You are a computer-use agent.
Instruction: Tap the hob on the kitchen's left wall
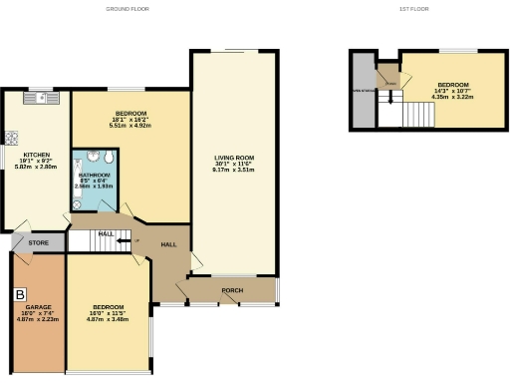(x=11, y=138)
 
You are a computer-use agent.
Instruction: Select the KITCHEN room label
(x=37, y=155)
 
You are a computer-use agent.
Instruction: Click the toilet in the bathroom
(x=76, y=203)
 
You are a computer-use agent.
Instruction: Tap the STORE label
(x=39, y=241)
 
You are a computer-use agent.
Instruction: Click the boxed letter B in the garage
(x=20, y=295)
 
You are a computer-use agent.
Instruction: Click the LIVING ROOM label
(x=234, y=158)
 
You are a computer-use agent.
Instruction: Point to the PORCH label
(x=232, y=291)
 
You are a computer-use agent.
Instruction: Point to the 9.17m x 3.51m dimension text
(x=234, y=170)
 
